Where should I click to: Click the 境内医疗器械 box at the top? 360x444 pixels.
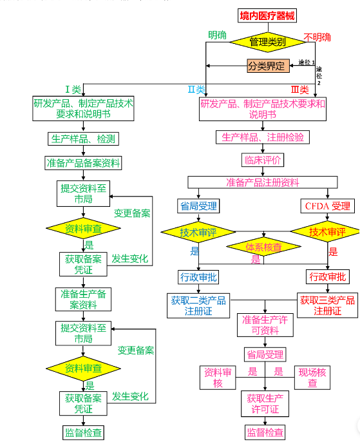point(267,15)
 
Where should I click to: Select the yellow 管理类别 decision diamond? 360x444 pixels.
point(267,42)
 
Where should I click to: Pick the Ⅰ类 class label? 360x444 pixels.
point(73,89)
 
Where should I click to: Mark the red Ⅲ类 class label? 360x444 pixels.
point(300,90)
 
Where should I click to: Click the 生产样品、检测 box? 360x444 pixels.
point(83,139)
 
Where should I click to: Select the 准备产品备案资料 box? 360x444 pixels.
point(83,162)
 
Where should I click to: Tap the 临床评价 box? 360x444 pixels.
point(263,159)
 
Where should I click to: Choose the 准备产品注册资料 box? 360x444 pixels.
point(263,182)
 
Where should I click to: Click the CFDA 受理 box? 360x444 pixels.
point(327,206)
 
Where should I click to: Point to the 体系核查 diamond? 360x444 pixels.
point(263,246)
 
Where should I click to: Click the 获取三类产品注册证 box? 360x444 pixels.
point(327,305)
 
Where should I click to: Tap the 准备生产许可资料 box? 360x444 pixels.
point(265,325)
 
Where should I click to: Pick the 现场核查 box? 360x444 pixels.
point(312,378)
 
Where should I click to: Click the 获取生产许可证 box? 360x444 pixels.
point(265,404)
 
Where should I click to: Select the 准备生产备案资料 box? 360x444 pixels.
point(83,299)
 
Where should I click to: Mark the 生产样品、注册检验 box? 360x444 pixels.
point(263,137)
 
